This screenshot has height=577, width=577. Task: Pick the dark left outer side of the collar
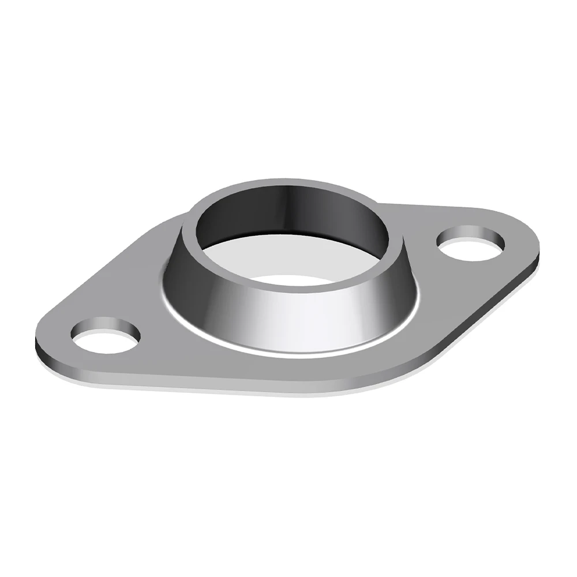185,283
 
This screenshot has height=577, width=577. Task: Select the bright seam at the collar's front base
288,353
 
